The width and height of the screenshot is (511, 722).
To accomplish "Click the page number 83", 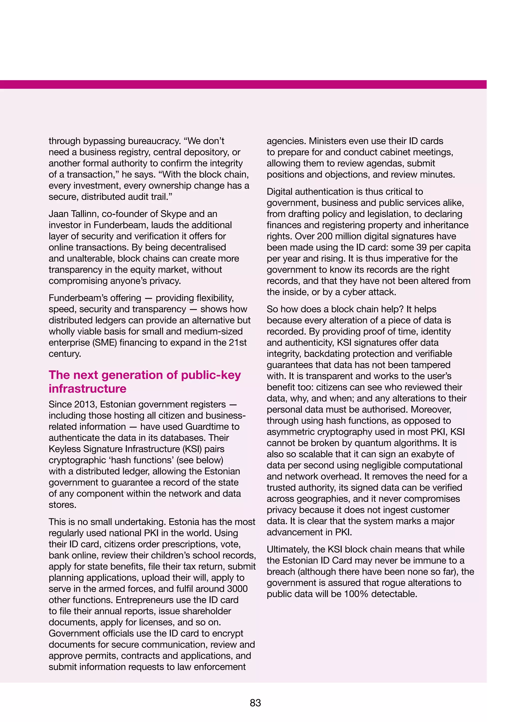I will [255, 703].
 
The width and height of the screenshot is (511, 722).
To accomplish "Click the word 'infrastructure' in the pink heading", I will [88, 389].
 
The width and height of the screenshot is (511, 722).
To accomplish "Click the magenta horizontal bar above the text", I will [243, 84].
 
